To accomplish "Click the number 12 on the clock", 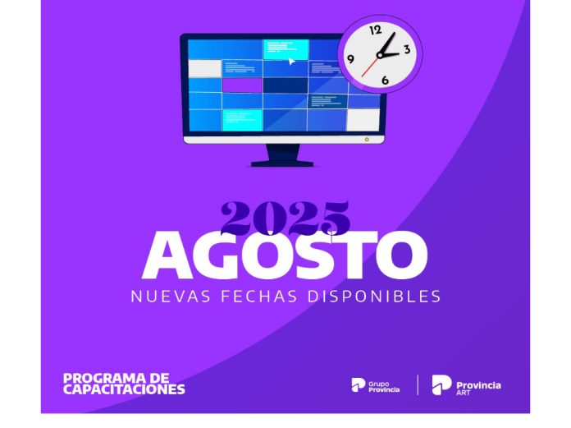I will point(376,30).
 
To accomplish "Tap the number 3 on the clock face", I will point(406,50).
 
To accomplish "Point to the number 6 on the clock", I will point(385,80).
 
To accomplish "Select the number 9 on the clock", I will point(351,59).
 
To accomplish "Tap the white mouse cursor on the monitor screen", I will point(291,61).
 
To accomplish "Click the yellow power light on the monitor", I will point(366,140).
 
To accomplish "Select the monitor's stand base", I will point(281,163).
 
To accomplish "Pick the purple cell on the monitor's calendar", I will point(242,85).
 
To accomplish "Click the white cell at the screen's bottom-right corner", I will point(363,120).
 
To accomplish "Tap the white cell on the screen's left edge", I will point(205,68).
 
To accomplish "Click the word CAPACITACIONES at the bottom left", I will point(124,389).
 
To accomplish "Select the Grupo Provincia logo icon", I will point(357,384).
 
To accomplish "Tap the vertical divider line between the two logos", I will point(418,384).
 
